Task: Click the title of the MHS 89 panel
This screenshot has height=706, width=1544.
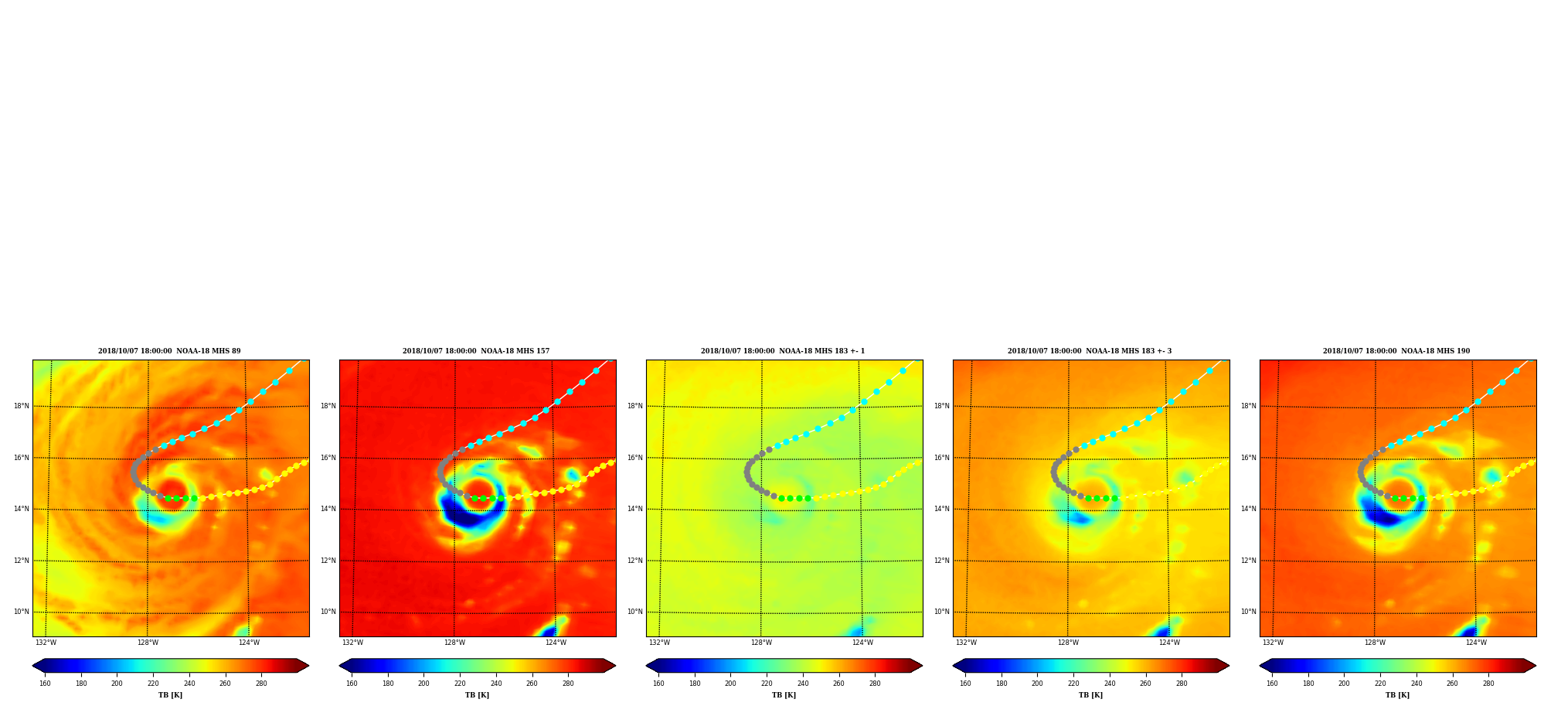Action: pos(169,351)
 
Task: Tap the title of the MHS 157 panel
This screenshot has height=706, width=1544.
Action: pos(476,351)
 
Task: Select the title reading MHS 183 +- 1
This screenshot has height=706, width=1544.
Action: pos(783,351)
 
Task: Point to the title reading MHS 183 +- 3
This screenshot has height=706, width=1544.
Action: pos(1090,351)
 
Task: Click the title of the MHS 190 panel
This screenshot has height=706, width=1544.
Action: pos(1396,351)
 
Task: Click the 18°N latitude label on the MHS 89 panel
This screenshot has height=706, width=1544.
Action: pos(22,406)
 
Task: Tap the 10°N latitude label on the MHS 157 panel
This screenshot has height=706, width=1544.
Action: pos(328,612)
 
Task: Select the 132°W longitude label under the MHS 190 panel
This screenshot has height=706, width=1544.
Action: pos(1273,643)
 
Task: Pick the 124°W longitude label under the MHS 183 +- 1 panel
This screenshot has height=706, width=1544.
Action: pos(862,643)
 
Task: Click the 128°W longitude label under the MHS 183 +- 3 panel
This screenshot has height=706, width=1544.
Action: pos(1068,643)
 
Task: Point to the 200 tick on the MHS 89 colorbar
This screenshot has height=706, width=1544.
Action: pos(117,684)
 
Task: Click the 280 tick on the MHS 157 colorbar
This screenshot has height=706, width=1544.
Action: pos(568,684)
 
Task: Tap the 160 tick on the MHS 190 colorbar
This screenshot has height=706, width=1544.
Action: pos(1272,684)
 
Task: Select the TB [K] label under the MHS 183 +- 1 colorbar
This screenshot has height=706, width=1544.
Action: pos(784,695)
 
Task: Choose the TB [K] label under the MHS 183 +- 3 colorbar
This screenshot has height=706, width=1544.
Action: pos(1090,695)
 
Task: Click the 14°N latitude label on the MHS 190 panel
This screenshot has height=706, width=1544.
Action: pos(1249,509)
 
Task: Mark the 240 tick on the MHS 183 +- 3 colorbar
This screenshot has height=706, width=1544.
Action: pos(1110,684)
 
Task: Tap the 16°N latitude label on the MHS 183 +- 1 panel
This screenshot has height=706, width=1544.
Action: pos(635,458)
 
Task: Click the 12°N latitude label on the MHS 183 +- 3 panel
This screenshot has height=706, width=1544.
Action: pos(942,561)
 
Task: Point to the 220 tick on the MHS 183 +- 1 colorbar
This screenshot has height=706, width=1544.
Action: pos(767,684)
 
